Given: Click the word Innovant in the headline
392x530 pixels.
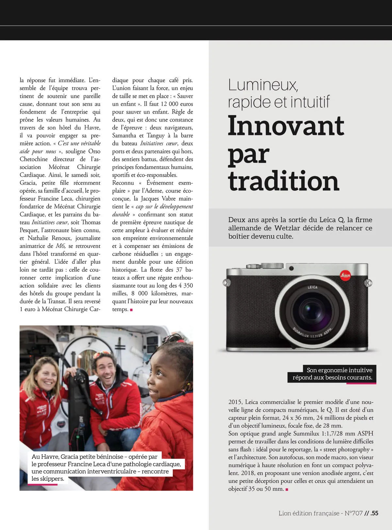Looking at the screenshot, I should (x=286, y=126).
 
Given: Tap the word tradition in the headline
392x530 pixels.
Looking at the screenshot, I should (x=284, y=181).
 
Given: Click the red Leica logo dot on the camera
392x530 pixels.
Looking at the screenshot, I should (x=345, y=275).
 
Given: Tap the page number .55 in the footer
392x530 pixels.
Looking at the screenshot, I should (x=374, y=513).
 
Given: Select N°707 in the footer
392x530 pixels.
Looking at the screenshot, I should (x=353, y=513).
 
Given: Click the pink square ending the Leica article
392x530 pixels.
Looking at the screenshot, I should (x=287, y=489).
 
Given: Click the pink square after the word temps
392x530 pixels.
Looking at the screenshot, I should (x=131, y=310).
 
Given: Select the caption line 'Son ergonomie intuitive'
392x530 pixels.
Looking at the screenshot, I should (x=339, y=370).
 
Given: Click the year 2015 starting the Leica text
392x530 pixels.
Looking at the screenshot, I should (x=235, y=402).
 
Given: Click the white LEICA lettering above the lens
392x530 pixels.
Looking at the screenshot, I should (x=312, y=287).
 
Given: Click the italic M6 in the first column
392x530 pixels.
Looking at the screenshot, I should (x=60, y=246).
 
